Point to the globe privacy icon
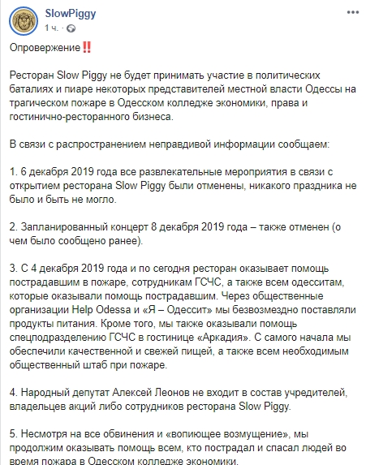click(x=70, y=28)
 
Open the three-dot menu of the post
click(x=353, y=14)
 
